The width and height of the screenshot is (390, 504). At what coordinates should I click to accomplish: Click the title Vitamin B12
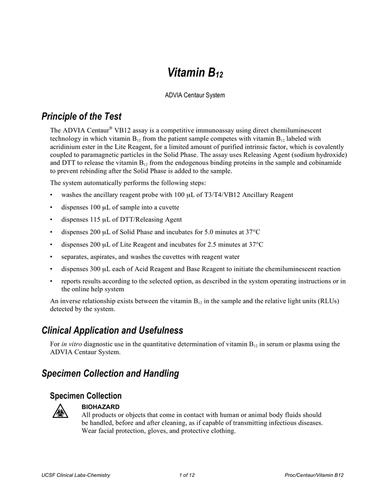coord(195,73)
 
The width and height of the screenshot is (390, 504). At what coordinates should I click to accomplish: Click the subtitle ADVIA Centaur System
coord(195,95)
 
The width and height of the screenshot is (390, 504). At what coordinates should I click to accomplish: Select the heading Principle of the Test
coord(81,117)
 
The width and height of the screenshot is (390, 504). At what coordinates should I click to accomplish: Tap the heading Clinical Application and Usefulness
coord(112,330)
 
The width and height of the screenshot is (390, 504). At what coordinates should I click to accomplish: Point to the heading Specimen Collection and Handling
coord(110,374)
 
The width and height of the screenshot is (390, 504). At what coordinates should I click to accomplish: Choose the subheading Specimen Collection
coord(86,396)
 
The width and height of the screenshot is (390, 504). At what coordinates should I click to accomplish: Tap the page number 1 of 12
coord(187,475)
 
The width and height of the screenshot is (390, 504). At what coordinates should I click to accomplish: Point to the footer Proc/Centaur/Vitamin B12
coord(314,475)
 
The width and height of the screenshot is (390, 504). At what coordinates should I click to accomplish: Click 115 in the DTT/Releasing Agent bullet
coord(95,220)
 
